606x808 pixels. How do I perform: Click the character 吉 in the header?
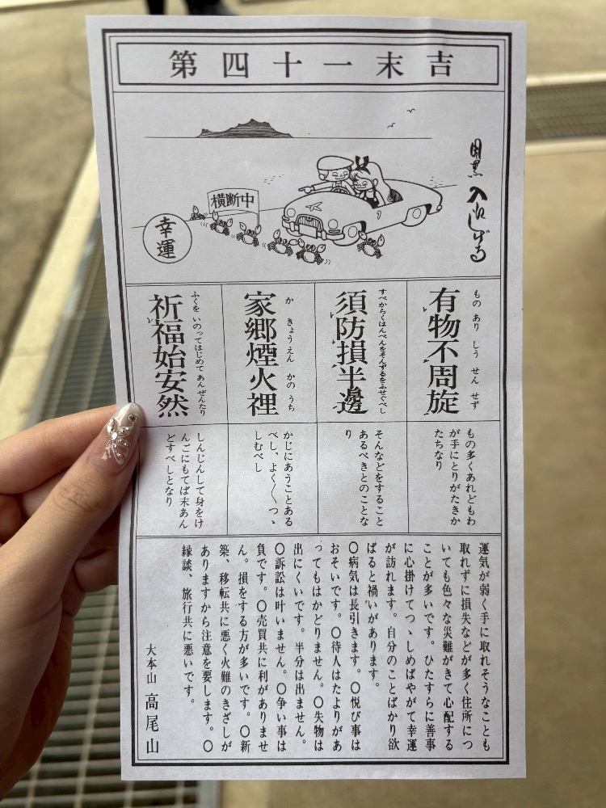[442, 65]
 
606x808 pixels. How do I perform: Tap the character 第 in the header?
[184, 64]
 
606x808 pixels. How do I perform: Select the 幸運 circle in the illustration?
[167, 239]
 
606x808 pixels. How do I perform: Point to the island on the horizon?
[246, 129]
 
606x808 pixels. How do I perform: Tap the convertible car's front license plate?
[309, 226]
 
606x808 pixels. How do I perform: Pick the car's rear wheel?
[419, 213]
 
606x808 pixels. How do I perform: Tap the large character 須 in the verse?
[352, 306]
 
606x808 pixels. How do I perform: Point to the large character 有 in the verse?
[444, 304]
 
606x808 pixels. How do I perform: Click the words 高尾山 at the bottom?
[151, 722]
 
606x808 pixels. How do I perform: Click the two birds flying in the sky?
[402, 118]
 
